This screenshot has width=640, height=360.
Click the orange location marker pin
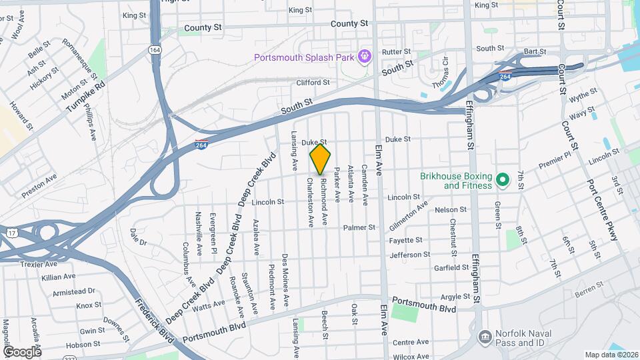coord(320,159)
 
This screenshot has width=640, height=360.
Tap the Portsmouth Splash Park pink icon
coord(364,56)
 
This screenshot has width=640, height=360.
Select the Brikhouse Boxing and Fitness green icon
coord(504,179)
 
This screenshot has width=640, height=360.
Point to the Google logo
coord(22,351)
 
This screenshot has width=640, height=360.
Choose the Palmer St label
coord(359,227)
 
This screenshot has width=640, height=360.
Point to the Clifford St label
coord(313,83)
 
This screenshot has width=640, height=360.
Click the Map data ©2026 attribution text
coord(611,355)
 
